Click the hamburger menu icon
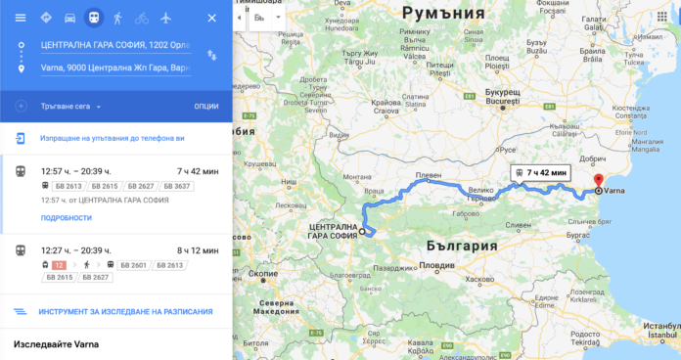click(x=20, y=19)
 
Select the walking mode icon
click(x=117, y=19)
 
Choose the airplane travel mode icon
click(x=165, y=19)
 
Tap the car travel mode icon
click(x=69, y=19)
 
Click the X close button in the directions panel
click(x=212, y=19)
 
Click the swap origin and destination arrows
click(x=212, y=58)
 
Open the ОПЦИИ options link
click(x=206, y=106)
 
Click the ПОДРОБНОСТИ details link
click(x=67, y=218)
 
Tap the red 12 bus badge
click(x=59, y=264)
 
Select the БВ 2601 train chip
click(x=135, y=264)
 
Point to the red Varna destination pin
click(x=598, y=181)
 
